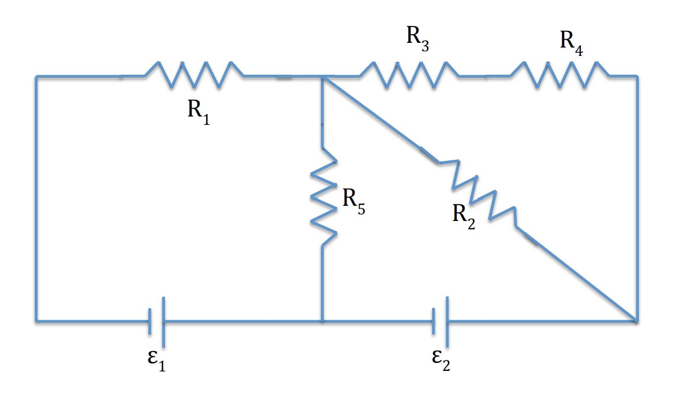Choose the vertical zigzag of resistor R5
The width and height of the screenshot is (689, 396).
[x=323, y=196]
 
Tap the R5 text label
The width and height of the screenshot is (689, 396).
[x=354, y=202]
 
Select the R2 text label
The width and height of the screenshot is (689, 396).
[x=464, y=216]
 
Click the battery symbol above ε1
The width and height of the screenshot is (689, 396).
[x=157, y=321]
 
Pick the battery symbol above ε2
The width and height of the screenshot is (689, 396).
[x=441, y=321]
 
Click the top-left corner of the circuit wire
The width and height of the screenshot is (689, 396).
[x=36, y=77]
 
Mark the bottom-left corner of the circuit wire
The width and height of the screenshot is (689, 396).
[x=36, y=321]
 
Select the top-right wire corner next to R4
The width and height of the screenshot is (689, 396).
[x=637, y=77]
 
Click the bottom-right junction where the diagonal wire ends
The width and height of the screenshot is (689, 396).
[x=636, y=320]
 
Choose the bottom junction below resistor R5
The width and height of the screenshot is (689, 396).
[x=323, y=321]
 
